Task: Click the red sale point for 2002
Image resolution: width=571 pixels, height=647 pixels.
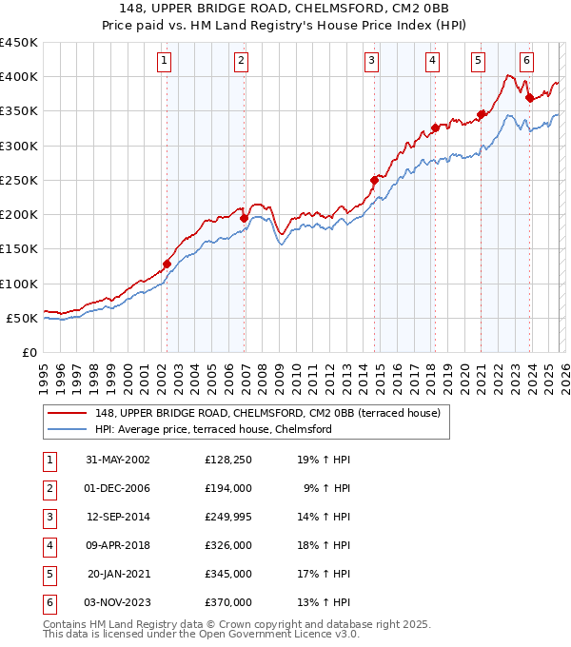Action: pos(167,264)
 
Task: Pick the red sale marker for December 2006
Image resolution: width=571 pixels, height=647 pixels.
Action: pos(244,218)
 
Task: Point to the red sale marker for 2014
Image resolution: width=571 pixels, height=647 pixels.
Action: pos(374,180)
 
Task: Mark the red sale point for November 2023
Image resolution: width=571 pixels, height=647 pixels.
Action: pos(529,97)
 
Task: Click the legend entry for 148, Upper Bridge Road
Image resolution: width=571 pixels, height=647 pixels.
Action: pos(266,414)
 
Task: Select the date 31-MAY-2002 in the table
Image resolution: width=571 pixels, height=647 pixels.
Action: pos(117,460)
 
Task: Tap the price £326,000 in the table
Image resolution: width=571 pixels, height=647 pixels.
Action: pos(227,545)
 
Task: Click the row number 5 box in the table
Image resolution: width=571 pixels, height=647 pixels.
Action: pos(49,574)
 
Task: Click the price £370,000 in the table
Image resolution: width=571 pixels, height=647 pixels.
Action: pos(227,602)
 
